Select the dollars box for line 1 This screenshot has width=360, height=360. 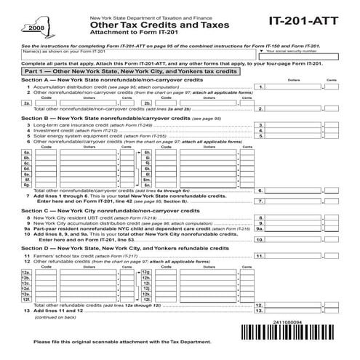click(295, 87)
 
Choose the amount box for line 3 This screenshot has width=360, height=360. click(295, 124)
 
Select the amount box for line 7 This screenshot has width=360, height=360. click(295, 200)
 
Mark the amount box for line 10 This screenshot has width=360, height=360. click(295, 239)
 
